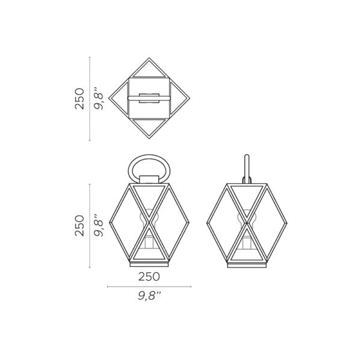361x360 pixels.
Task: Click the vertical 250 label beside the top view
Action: (x=79, y=99)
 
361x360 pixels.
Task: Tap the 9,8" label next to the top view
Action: (x=99, y=99)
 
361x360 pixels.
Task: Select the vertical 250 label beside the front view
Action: (x=79, y=225)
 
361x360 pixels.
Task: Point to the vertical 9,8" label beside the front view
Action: (x=99, y=225)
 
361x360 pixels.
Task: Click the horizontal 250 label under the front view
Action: (x=149, y=276)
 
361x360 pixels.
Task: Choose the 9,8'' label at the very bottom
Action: (x=149, y=295)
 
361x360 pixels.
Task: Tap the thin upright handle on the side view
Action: (x=247, y=168)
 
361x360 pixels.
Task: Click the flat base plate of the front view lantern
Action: (x=149, y=264)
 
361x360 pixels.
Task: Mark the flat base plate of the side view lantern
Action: (x=246, y=264)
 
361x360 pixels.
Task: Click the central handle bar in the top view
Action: (x=149, y=98)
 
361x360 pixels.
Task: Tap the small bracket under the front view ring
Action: (x=149, y=178)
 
